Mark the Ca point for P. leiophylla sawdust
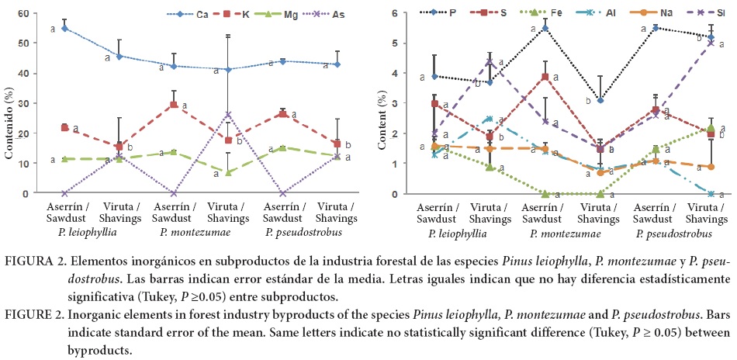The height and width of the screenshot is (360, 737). point(64,28)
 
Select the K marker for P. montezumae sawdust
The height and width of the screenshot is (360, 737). point(173,105)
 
